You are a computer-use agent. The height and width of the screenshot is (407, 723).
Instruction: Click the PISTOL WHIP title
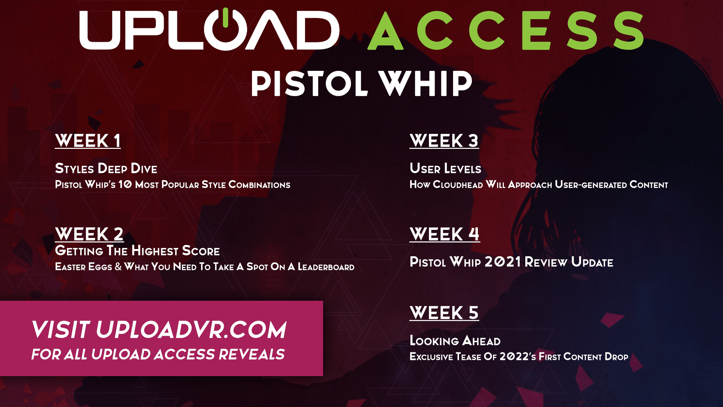point(361,83)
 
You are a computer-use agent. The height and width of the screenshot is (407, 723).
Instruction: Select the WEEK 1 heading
point(88,141)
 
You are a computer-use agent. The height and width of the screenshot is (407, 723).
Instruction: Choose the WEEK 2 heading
point(89,234)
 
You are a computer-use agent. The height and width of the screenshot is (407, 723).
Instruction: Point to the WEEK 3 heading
point(444,141)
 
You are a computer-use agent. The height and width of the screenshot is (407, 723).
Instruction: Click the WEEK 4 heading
point(445,234)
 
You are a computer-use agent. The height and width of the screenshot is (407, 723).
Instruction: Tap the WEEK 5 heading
point(444,313)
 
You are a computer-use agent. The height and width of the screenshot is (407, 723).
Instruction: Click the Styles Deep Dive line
point(106,168)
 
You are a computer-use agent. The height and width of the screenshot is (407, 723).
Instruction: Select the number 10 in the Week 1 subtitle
point(125,184)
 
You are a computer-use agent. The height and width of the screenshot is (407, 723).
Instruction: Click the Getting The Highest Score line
point(137,251)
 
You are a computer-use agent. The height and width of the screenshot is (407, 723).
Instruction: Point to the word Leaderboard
point(326,267)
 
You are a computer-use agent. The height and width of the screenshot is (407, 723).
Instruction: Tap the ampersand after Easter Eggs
point(118,267)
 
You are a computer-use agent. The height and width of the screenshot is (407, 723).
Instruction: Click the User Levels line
point(445,168)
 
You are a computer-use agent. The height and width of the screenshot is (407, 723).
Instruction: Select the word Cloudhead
point(458,185)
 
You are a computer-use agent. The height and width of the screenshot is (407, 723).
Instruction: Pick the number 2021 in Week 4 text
point(503,262)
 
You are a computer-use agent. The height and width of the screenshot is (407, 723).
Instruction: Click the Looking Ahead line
point(455,341)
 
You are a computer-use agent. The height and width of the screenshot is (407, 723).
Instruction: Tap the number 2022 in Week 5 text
point(514,357)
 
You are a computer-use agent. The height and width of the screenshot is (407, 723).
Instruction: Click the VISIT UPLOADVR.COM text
point(159,330)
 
